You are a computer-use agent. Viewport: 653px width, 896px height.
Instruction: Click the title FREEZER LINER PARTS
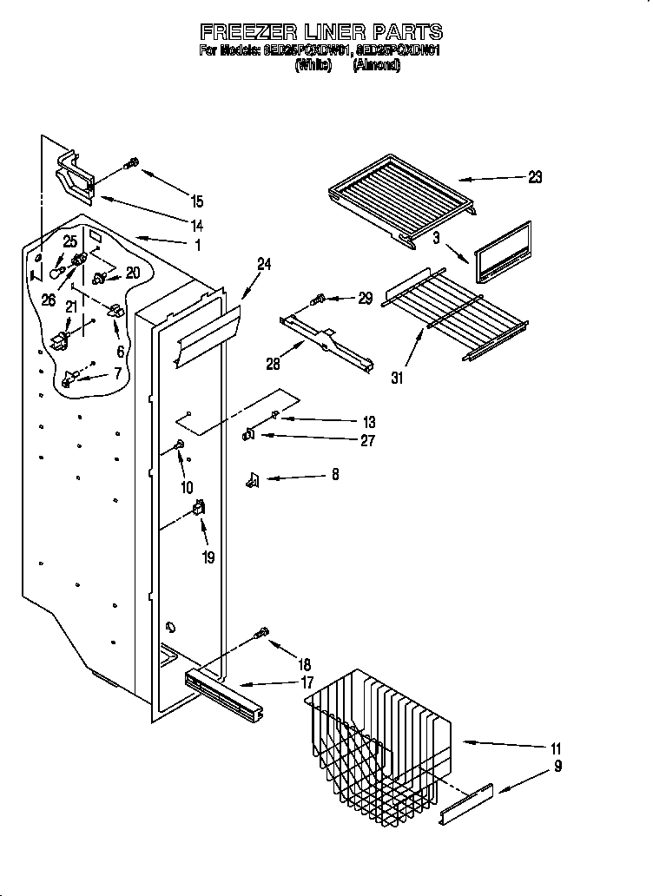pyautogui.click(x=321, y=32)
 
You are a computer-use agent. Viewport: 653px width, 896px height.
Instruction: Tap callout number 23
pyautogui.click(x=535, y=177)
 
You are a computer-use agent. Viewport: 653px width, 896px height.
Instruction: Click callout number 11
pyautogui.click(x=556, y=748)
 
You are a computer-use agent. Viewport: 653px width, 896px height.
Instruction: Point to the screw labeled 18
pyautogui.click(x=261, y=636)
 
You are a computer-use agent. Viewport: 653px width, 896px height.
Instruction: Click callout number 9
pyautogui.click(x=557, y=767)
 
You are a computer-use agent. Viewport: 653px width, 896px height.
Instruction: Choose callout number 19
pyautogui.click(x=208, y=557)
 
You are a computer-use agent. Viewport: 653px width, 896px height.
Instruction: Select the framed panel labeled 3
pyautogui.click(x=502, y=252)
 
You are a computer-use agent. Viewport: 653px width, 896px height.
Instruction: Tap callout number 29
pyautogui.click(x=366, y=298)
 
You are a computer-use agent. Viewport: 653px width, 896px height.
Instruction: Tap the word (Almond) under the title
pyautogui.click(x=376, y=65)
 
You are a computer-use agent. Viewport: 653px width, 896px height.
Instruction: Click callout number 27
pyautogui.click(x=367, y=440)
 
